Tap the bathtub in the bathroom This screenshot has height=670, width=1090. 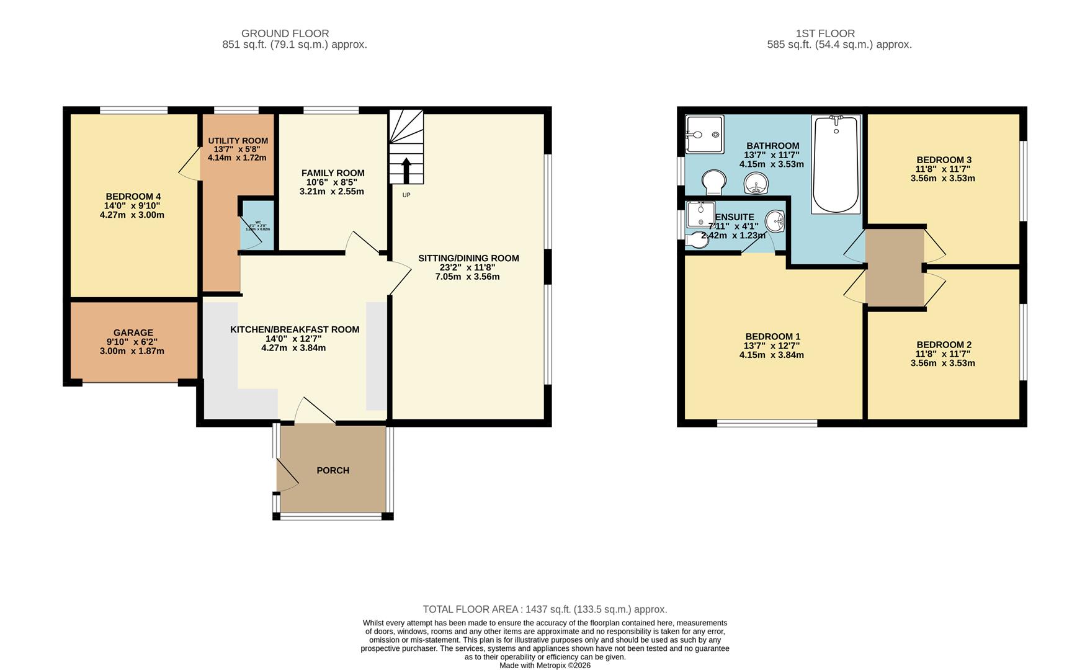[x=836, y=164]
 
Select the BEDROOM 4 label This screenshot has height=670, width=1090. [x=133, y=197]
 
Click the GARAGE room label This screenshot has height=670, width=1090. [x=133, y=333]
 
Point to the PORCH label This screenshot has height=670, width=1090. [x=333, y=470]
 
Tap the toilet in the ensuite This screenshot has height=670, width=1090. [x=697, y=239]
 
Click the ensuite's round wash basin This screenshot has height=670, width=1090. [x=775, y=220]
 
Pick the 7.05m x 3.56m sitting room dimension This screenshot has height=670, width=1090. [x=467, y=277]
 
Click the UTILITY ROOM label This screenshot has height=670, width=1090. [x=238, y=141]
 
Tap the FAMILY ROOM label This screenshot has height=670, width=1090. [x=333, y=173]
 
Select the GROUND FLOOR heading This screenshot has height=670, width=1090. [x=285, y=33]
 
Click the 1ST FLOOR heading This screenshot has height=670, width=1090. [x=825, y=33]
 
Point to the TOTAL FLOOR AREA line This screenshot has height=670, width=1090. [x=545, y=609]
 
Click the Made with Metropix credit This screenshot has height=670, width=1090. [x=545, y=666]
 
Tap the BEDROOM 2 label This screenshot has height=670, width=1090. [x=944, y=345]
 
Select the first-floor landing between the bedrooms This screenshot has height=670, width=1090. [x=894, y=268]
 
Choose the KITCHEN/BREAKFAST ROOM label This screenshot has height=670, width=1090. [x=295, y=329]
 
